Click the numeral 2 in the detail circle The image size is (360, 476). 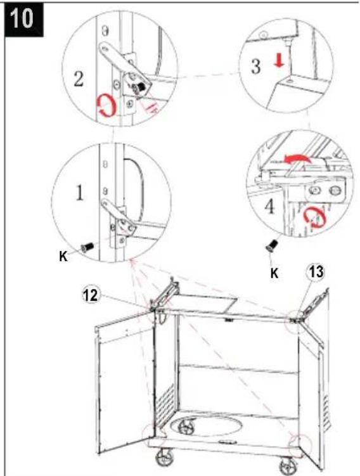pyautogui.click(x=79, y=79)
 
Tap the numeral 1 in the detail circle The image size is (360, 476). pyautogui.click(x=79, y=193)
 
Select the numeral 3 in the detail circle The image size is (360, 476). pyautogui.click(x=255, y=67)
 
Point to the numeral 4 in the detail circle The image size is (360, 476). pyautogui.click(x=269, y=207)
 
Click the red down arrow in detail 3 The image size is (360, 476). pyautogui.click(x=279, y=61)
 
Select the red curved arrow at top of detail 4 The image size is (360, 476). pyautogui.click(x=297, y=159)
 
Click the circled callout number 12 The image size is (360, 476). pyautogui.click(x=91, y=295)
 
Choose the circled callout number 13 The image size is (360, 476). pyautogui.click(x=316, y=272)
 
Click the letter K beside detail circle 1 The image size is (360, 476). pyautogui.click(x=63, y=257)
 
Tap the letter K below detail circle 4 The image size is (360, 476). pyautogui.click(x=274, y=273)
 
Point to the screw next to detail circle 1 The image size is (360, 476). pyautogui.click(x=87, y=247)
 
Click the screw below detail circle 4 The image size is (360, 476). pyautogui.click(x=272, y=245)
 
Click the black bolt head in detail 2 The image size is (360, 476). pyautogui.click(x=139, y=88)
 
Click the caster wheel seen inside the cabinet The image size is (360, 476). pyautogui.click(x=186, y=426)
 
